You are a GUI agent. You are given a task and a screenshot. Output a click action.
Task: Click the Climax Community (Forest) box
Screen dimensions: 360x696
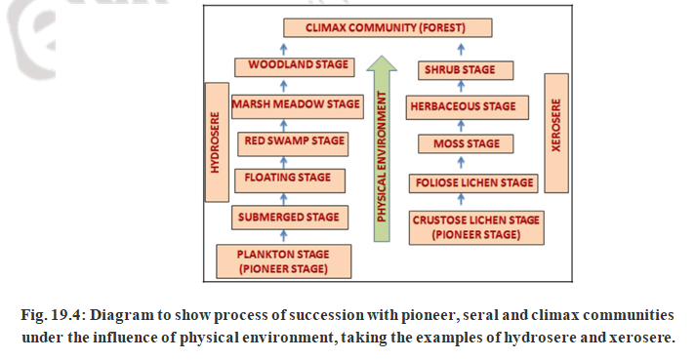pos(387,27)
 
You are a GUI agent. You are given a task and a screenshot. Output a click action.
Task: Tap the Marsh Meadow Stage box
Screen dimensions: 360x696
pos(296,104)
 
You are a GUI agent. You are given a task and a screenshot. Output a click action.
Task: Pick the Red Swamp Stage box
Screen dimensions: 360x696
pos(295,141)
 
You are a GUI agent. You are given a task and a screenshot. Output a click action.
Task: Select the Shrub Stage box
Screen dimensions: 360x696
pos(458,70)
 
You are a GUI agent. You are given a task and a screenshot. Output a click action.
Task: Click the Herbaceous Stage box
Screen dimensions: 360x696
pos(468,107)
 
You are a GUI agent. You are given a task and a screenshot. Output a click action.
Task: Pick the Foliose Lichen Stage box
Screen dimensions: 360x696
pos(472,182)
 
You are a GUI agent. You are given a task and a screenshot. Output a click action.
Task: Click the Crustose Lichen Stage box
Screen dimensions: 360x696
pos(473,227)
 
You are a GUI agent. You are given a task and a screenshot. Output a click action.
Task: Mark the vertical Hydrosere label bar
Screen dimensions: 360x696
pos(216,140)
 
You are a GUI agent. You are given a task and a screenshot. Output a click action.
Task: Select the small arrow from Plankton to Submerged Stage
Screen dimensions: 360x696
pos(285,235)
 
